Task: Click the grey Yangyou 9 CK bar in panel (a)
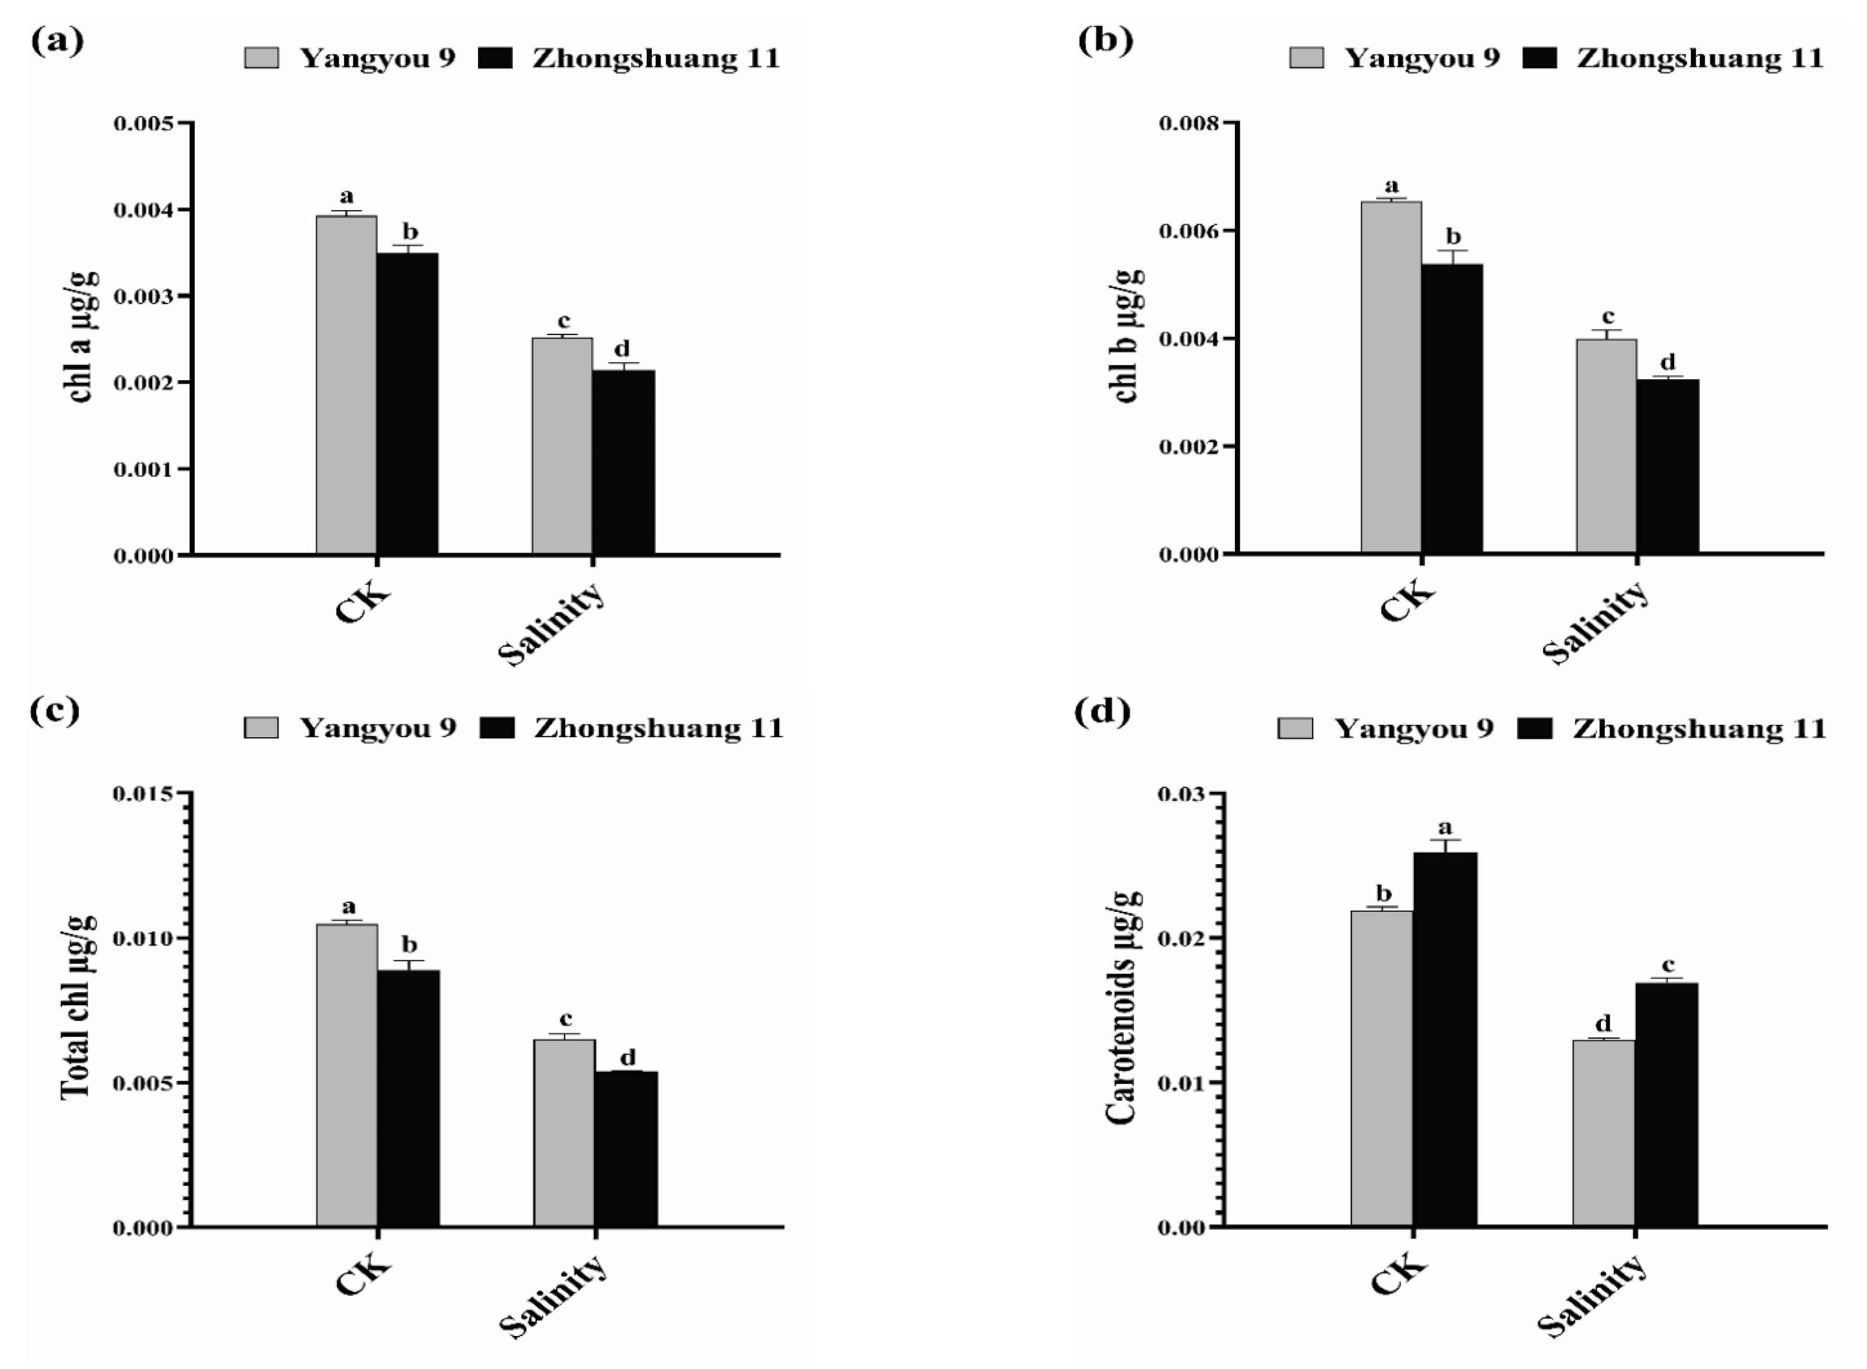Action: pos(346,385)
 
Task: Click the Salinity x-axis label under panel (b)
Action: pos(1596,622)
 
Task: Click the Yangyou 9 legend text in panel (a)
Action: pos(377,58)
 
